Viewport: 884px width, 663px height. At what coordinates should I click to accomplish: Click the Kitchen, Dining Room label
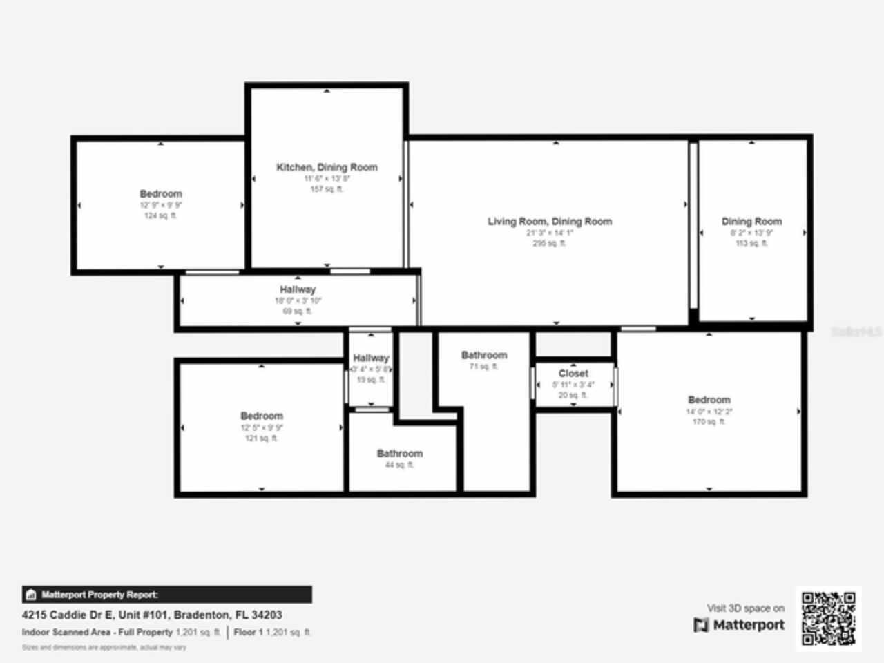point(327,167)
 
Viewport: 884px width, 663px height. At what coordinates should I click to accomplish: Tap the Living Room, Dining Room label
point(550,222)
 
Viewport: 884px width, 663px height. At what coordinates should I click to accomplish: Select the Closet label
point(573,373)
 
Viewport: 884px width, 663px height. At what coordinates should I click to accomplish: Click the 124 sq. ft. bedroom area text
point(160,216)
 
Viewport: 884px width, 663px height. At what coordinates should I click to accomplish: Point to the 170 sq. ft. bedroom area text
point(709,421)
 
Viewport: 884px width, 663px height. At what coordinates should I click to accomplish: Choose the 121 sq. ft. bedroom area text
point(261,438)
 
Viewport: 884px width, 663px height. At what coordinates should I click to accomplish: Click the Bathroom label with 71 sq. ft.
point(484,355)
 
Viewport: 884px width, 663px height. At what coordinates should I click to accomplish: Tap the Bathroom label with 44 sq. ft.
point(400,454)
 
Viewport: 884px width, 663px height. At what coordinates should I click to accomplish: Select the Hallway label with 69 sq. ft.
point(298,289)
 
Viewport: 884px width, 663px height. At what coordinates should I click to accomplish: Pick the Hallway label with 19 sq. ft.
point(371,358)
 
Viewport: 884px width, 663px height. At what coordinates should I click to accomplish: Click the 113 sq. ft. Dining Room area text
point(751,243)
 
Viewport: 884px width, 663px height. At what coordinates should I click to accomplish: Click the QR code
point(829,619)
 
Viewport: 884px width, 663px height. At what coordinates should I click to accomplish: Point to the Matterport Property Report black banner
point(166,595)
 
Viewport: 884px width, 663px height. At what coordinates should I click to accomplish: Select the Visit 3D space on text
point(745,608)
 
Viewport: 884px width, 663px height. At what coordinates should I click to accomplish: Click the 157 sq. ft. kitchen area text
point(327,189)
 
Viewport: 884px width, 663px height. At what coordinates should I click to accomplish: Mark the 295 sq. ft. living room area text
point(549,243)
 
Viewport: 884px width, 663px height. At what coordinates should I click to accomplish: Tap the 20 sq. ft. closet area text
point(573,395)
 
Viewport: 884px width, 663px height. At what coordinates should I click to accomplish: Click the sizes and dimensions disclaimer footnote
point(104,648)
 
